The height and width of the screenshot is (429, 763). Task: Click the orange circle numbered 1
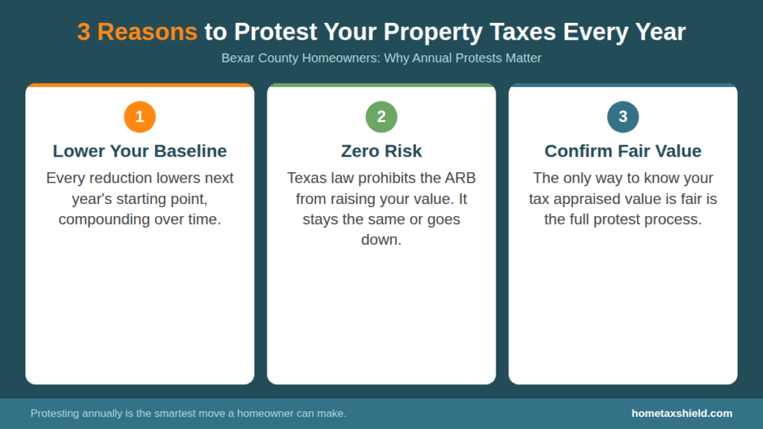click(x=139, y=117)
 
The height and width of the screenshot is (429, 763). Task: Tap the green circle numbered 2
click(x=381, y=117)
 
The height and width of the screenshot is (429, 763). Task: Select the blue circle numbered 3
click(x=623, y=117)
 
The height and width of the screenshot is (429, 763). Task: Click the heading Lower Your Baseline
click(x=139, y=151)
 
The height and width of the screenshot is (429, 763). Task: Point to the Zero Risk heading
click(x=381, y=151)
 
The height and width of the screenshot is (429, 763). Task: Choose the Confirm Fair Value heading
click(x=623, y=151)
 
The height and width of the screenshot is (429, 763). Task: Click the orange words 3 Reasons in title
click(x=137, y=32)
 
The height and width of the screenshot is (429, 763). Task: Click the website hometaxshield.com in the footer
click(x=682, y=413)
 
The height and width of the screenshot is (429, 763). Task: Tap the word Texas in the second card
click(x=305, y=178)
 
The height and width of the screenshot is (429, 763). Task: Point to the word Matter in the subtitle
click(x=522, y=57)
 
